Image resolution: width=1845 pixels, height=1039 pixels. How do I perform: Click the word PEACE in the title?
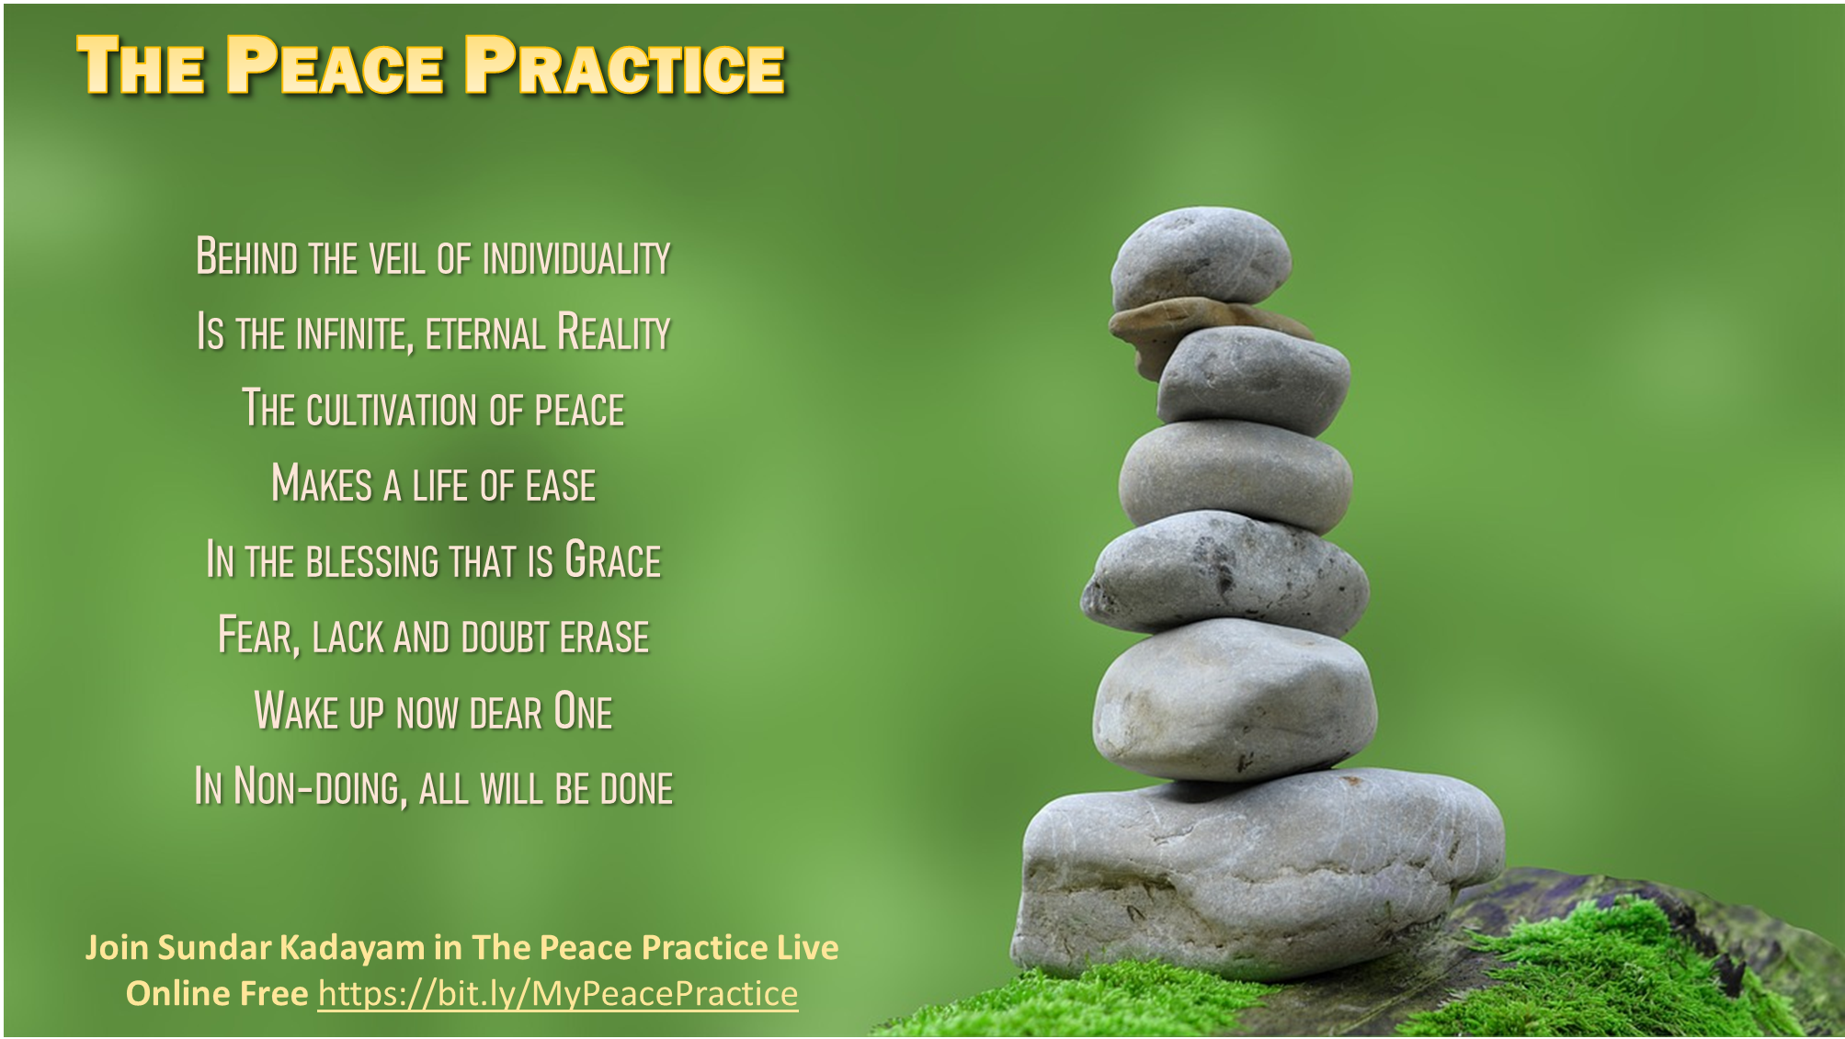click(x=336, y=65)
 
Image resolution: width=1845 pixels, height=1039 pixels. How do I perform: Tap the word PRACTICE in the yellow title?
click(x=625, y=65)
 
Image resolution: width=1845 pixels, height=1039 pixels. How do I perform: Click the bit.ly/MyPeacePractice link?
click(x=558, y=994)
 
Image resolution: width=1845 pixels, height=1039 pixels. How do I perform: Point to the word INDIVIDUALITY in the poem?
click(x=576, y=257)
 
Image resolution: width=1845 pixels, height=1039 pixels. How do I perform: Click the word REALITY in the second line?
click(x=614, y=333)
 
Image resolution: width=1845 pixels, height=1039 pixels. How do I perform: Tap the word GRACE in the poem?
click(x=613, y=560)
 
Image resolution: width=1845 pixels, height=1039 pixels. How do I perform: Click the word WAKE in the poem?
click(x=297, y=711)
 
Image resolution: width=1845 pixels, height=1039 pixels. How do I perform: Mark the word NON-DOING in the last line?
click(x=319, y=787)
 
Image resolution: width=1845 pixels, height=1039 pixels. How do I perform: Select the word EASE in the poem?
click(x=561, y=485)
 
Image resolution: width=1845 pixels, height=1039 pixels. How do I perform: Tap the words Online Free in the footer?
click(x=217, y=994)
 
